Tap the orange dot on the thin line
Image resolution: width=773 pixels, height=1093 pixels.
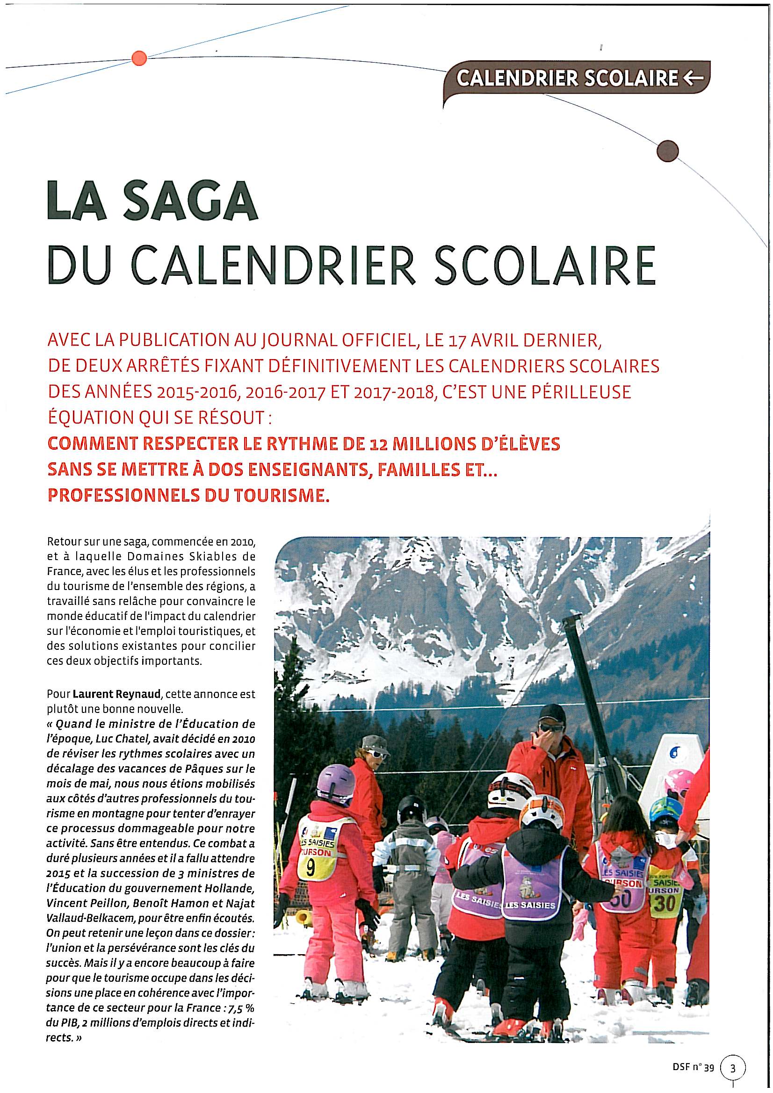point(138,58)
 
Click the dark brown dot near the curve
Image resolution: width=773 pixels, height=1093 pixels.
point(665,151)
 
